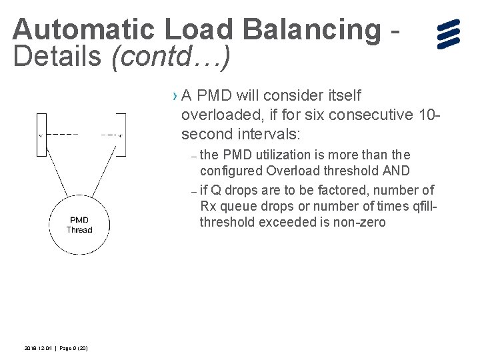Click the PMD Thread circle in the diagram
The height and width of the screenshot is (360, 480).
(x=79, y=225)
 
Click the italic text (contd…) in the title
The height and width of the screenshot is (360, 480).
(x=171, y=57)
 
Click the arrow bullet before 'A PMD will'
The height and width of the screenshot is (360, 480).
(x=175, y=97)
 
